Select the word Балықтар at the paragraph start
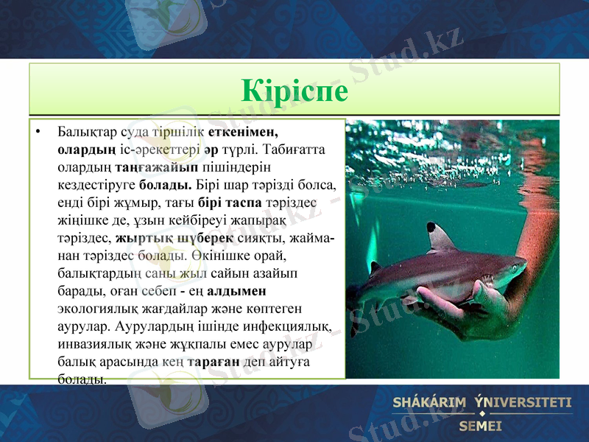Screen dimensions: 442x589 coord(82,133)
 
